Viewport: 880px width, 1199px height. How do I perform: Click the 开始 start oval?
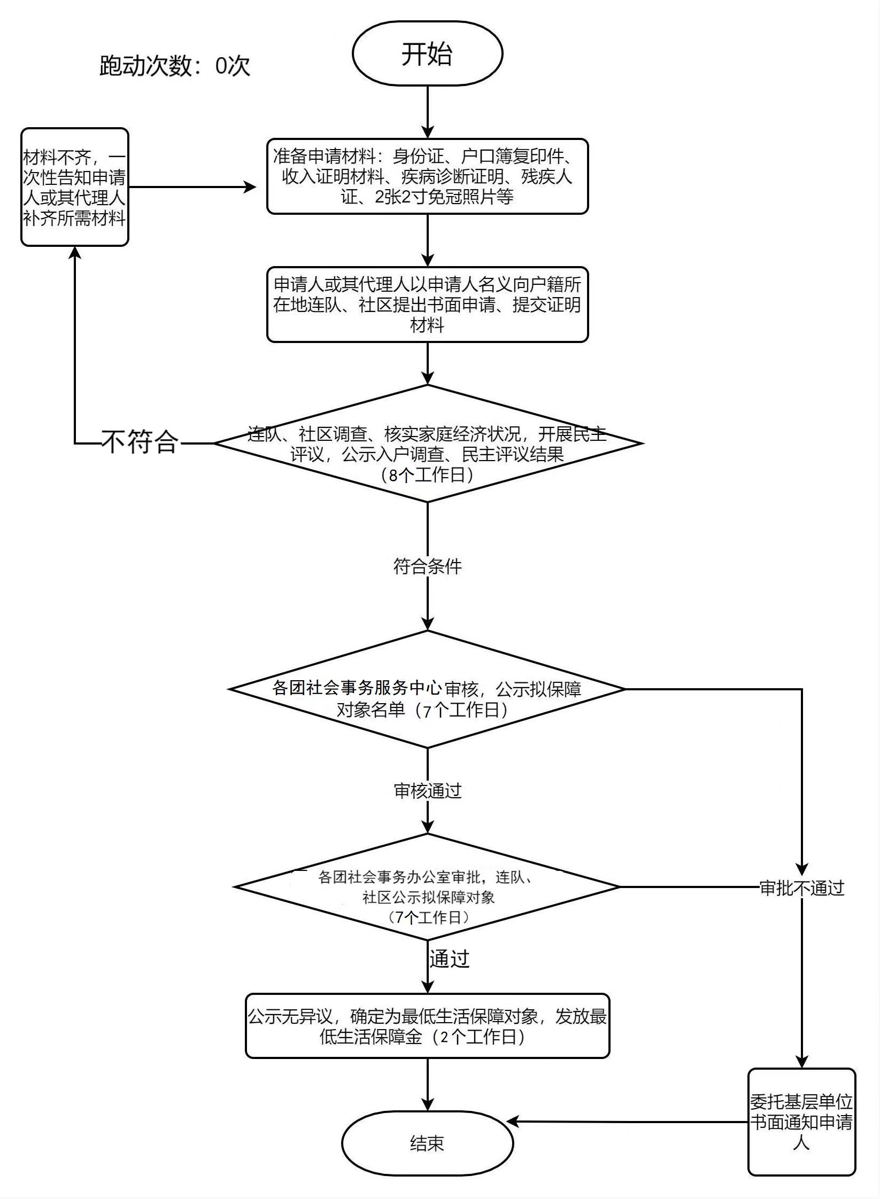click(428, 53)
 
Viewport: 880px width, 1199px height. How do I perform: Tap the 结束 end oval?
click(428, 1143)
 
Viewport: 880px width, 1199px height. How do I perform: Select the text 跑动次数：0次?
click(175, 66)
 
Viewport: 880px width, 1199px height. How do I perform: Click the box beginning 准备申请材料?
click(428, 176)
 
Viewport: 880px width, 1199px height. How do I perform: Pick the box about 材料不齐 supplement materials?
click(75, 187)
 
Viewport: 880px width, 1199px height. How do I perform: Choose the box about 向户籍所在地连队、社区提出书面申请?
click(428, 305)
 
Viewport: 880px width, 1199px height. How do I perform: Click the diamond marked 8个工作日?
click(428, 443)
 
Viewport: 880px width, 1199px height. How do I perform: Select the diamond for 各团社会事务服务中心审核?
click(428, 689)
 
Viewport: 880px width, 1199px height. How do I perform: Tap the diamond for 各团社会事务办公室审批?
click(428, 887)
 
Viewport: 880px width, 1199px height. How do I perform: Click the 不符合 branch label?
click(141, 442)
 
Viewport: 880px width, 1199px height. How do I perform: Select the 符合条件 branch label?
click(428, 566)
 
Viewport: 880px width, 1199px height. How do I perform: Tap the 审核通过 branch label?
click(428, 791)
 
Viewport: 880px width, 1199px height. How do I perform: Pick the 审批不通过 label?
click(802, 888)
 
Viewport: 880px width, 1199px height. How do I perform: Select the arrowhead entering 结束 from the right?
click(513, 1122)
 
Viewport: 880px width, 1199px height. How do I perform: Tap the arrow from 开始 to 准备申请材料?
click(428, 112)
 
